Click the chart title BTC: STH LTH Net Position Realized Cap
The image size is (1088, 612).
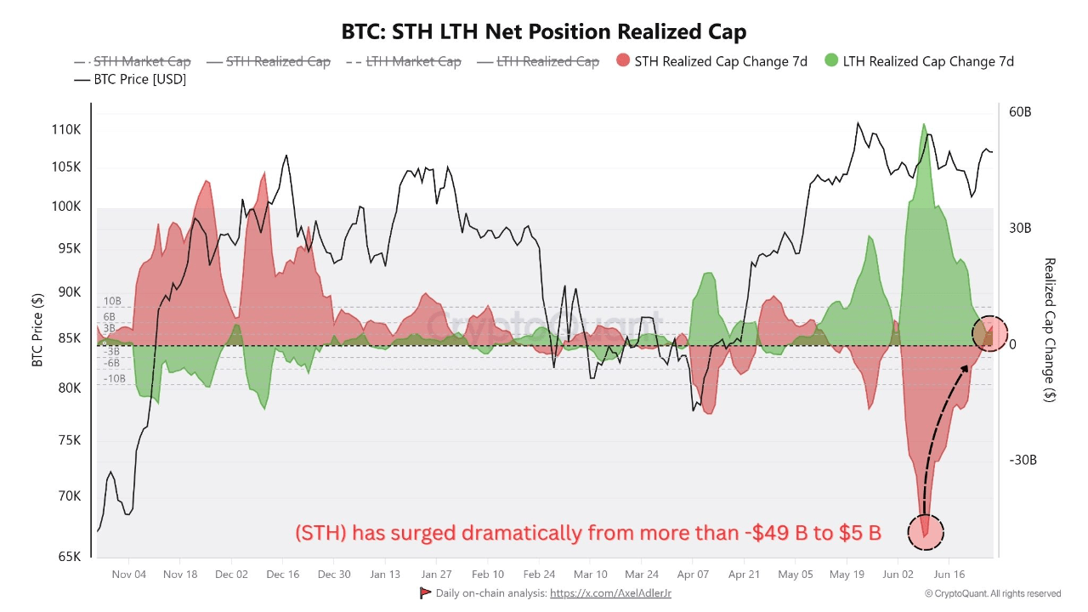pyautogui.click(x=544, y=32)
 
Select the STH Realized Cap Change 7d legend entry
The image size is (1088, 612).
pyautogui.click(x=711, y=61)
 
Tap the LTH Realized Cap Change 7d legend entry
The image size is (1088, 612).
pyautogui.click(x=919, y=61)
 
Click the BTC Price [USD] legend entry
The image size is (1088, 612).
pyautogui.click(x=130, y=79)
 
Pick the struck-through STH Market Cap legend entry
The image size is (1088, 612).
pyautogui.click(x=133, y=61)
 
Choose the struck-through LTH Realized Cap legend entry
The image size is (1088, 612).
pyautogui.click(x=538, y=61)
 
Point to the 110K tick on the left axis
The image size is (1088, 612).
pyautogui.click(x=65, y=130)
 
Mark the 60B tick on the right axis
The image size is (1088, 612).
pyautogui.click(x=1020, y=112)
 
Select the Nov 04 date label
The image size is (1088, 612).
pyautogui.click(x=128, y=575)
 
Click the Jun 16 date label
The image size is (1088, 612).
pyautogui.click(x=949, y=575)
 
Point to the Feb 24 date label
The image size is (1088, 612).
pyautogui.click(x=539, y=575)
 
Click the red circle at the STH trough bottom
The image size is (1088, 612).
pyautogui.click(x=926, y=530)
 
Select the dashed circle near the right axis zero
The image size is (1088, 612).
pyautogui.click(x=989, y=333)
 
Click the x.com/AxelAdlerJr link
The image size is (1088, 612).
pyautogui.click(x=610, y=593)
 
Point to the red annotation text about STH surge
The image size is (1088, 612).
pyautogui.click(x=587, y=533)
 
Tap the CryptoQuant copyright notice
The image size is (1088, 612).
pyautogui.click(x=993, y=593)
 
